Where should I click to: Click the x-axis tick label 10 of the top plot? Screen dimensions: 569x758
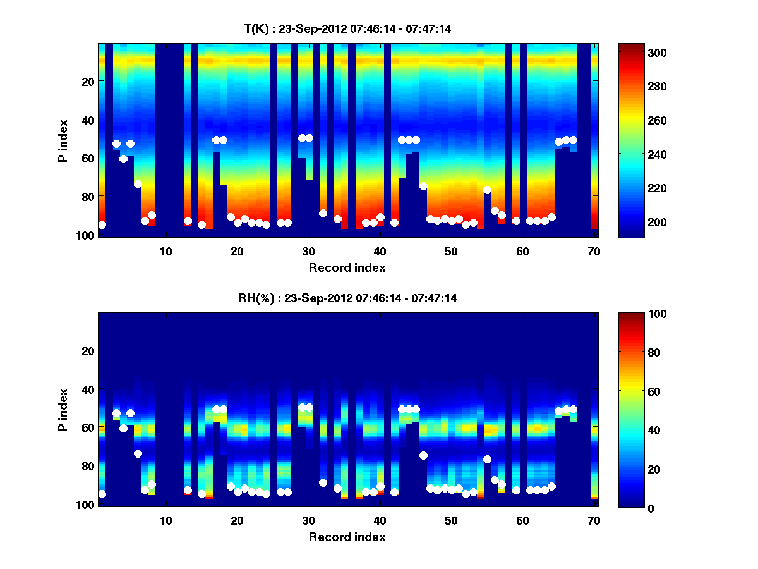165,251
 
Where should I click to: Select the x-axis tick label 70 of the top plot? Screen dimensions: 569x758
594,251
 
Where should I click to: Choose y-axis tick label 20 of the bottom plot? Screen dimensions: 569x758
88,351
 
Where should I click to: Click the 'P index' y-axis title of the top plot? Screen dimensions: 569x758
63,140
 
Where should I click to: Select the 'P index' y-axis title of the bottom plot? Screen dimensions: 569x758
63,410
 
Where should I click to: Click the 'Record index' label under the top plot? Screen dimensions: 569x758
347,267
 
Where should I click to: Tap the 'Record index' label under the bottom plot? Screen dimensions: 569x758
347,537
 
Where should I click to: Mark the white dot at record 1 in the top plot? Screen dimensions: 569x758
102,224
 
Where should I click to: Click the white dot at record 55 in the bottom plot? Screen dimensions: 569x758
487,459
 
